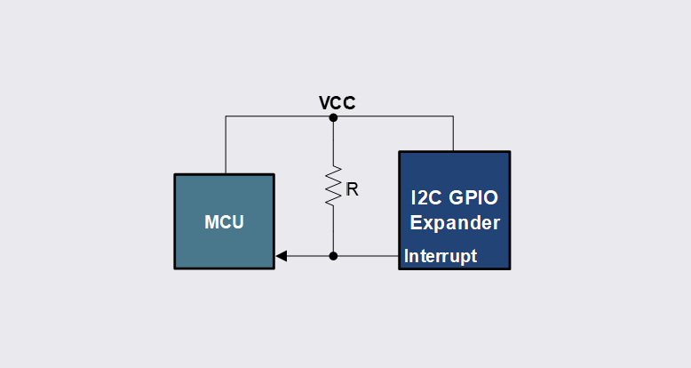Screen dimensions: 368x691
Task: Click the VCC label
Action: pyautogui.click(x=338, y=103)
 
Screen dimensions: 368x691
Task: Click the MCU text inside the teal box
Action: pyautogui.click(x=224, y=222)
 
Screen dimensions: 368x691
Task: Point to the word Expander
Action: pyautogui.click(x=454, y=222)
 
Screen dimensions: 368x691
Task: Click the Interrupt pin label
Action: pyautogui.click(x=441, y=256)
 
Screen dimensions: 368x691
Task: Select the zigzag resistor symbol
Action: pyautogui.click(x=333, y=187)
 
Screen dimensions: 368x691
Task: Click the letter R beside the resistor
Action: pyautogui.click(x=352, y=189)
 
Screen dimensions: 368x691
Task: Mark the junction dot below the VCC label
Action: pyautogui.click(x=333, y=117)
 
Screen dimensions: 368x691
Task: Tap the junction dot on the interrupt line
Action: pyautogui.click(x=333, y=256)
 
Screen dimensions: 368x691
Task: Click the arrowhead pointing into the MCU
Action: pyautogui.click(x=281, y=256)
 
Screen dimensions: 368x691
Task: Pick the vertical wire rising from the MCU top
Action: pyautogui.click(x=226, y=145)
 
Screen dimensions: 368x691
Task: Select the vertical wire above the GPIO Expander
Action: pyautogui.click(x=454, y=134)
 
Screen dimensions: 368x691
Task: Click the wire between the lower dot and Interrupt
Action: pyautogui.click(x=366, y=256)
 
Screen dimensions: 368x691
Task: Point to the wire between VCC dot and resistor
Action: pyautogui.click(x=333, y=142)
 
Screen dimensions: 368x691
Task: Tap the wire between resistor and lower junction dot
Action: pyautogui.click(x=333, y=231)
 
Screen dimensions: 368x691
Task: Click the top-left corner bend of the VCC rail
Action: pyautogui.click(x=226, y=117)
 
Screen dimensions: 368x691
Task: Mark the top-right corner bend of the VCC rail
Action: pyautogui.click(x=454, y=117)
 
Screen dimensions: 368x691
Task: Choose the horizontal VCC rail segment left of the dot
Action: pyautogui.click(x=279, y=117)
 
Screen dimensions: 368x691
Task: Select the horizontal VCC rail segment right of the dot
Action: pyautogui.click(x=393, y=117)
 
